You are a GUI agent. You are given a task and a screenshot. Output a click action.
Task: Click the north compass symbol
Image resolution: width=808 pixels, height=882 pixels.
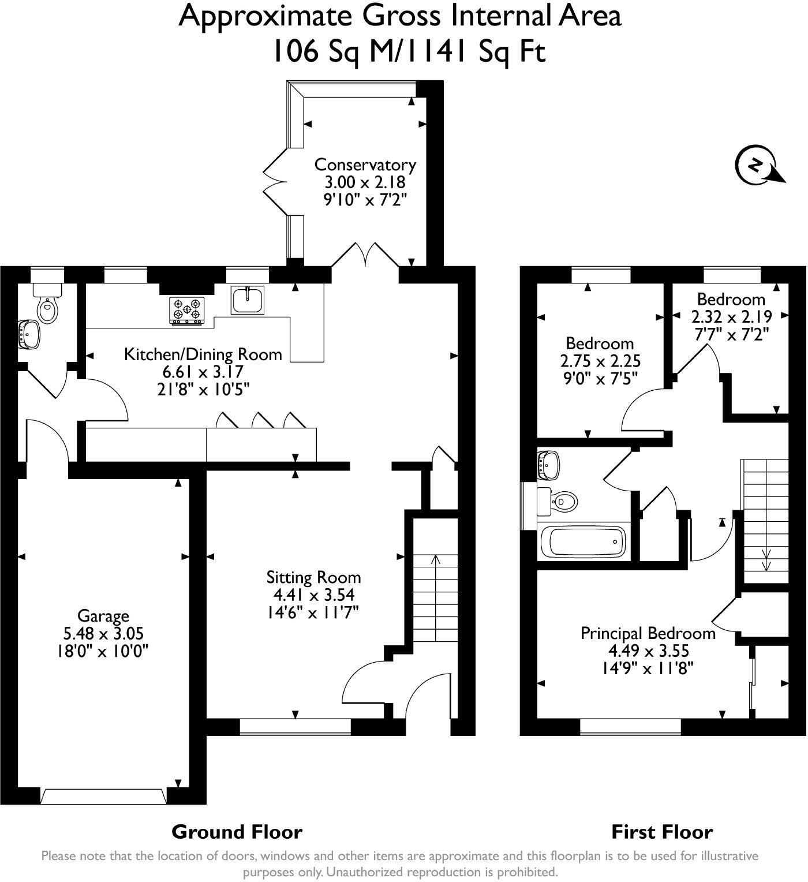(754, 166)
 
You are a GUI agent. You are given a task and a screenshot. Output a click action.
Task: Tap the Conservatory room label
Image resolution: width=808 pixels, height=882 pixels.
(365, 165)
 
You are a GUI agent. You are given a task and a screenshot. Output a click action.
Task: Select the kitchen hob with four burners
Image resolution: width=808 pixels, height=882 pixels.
(187, 310)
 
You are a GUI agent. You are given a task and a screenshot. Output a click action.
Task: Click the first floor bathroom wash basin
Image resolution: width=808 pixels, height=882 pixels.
(548, 464)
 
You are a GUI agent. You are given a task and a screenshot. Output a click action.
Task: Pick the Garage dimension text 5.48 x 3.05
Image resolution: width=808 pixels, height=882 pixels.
(103, 634)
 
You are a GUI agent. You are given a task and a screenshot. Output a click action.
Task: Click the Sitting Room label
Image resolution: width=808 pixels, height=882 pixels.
(313, 577)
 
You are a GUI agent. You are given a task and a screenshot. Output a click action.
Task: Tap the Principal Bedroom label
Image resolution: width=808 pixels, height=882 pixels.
(648, 633)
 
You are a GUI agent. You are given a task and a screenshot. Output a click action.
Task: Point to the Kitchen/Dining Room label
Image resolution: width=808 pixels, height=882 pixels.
(203, 354)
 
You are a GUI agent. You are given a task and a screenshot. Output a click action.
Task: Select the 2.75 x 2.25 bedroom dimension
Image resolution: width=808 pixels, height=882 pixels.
(600, 361)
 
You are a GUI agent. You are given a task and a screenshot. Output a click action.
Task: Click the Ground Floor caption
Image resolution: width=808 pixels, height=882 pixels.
(237, 832)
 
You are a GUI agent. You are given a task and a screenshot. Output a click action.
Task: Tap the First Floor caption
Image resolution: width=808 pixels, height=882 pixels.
(662, 832)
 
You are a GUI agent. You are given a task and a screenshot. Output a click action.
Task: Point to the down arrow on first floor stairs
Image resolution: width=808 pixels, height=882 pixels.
(767, 560)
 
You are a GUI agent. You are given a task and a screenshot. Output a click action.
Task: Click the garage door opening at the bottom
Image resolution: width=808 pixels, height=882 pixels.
(102, 796)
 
